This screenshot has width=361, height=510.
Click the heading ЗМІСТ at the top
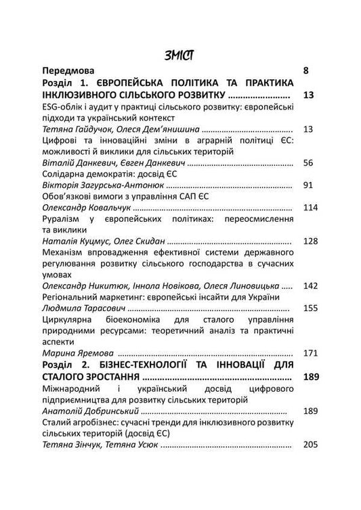coord(180,54)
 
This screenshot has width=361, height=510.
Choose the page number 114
coord(310,207)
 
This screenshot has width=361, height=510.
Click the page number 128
coord(310,241)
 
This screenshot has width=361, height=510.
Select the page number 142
coord(310,287)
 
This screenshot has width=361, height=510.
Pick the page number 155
coord(310,308)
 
